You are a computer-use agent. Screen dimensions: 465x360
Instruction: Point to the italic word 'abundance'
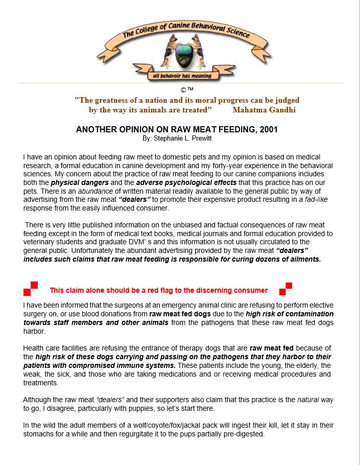pyautogui.click(x=94, y=190)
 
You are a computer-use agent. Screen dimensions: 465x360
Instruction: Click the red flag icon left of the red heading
pyautogui.click(x=31, y=289)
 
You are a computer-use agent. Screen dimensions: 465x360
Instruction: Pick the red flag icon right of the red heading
pyautogui.click(x=285, y=289)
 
